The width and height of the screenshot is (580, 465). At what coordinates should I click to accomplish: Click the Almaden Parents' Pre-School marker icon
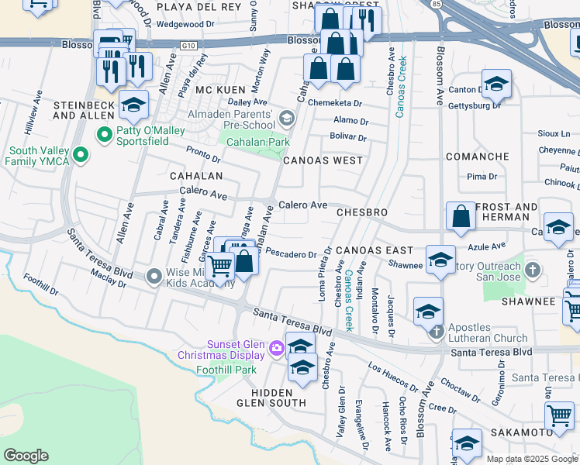tap(287, 119)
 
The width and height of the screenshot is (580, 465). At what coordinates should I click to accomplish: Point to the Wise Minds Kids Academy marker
tap(154, 275)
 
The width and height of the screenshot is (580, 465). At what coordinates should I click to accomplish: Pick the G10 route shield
tap(187, 46)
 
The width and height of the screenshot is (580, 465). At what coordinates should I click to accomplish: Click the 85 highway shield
tap(436, 5)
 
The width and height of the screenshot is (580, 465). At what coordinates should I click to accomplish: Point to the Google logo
tap(26, 456)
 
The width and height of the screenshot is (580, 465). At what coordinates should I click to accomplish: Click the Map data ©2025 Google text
tap(532, 459)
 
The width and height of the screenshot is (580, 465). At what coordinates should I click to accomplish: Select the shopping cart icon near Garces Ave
tap(221, 266)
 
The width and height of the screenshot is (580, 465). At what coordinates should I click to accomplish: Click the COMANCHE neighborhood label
tap(478, 157)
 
